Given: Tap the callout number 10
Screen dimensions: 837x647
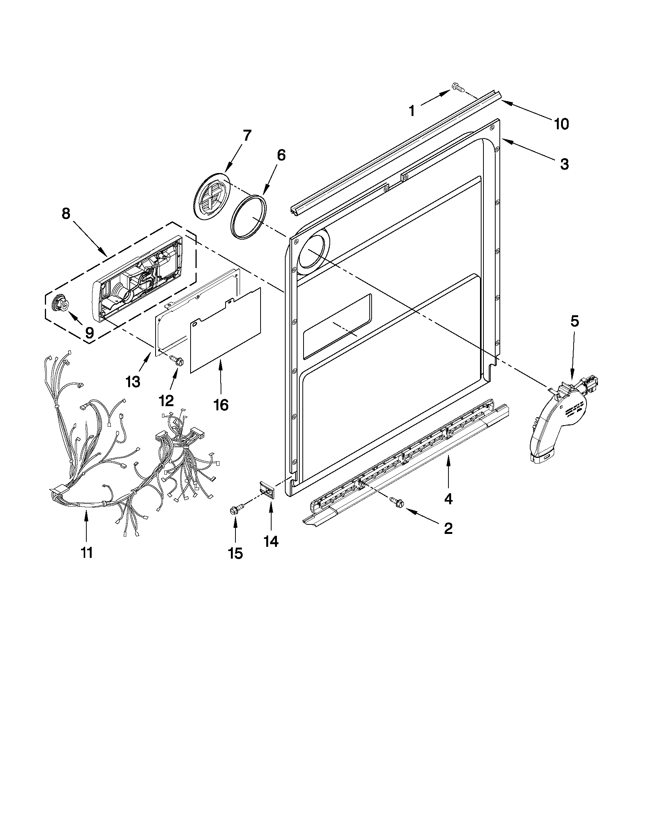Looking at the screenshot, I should (561, 124).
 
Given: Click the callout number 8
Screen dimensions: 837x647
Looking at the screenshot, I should (65, 214).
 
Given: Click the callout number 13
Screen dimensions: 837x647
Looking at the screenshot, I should (133, 382).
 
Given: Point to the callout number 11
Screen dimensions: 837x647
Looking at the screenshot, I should (87, 552).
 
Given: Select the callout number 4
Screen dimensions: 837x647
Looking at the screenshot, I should (448, 499).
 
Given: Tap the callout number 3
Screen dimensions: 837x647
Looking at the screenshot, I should (564, 164).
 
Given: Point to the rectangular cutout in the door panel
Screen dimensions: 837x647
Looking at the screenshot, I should (337, 327).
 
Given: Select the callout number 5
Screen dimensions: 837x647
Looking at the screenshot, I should (575, 321).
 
